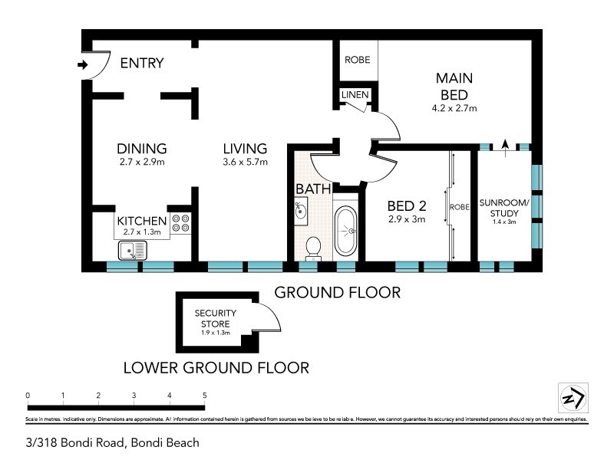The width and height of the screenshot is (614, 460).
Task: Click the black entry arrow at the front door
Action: (83, 66)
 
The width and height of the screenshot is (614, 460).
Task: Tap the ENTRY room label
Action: (142, 64)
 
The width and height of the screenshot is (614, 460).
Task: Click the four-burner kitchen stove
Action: (181, 223)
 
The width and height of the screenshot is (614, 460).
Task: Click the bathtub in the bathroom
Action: (346, 229)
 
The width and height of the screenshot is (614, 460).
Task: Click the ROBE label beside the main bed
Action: (356, 60)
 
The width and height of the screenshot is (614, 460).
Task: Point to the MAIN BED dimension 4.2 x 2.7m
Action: (454, 109)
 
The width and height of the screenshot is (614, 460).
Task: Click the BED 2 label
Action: (407, 205)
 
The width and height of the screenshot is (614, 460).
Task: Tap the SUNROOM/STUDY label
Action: (503, 207)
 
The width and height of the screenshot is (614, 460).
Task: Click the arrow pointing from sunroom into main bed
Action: (504, 143)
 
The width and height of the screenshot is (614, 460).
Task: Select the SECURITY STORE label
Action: (215, 318)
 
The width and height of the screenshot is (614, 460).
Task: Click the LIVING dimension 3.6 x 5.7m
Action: (245, 162)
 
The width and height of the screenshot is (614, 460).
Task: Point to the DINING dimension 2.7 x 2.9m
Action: (142, 162)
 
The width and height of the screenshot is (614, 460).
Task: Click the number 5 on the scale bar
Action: (204, 396)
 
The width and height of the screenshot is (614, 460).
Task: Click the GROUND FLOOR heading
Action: (337, 292)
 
